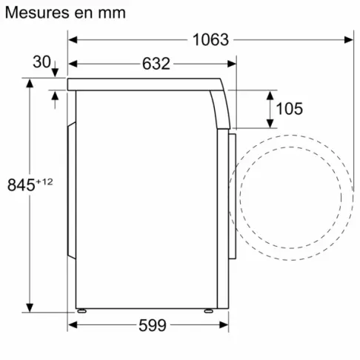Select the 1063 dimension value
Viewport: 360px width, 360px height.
210,40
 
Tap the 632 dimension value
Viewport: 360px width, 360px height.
156,64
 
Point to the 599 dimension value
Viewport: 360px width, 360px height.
151,325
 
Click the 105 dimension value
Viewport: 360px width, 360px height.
289,109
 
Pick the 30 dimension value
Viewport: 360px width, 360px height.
42,63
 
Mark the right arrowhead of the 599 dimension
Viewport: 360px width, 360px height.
226,325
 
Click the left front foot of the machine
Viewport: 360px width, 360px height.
83,311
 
